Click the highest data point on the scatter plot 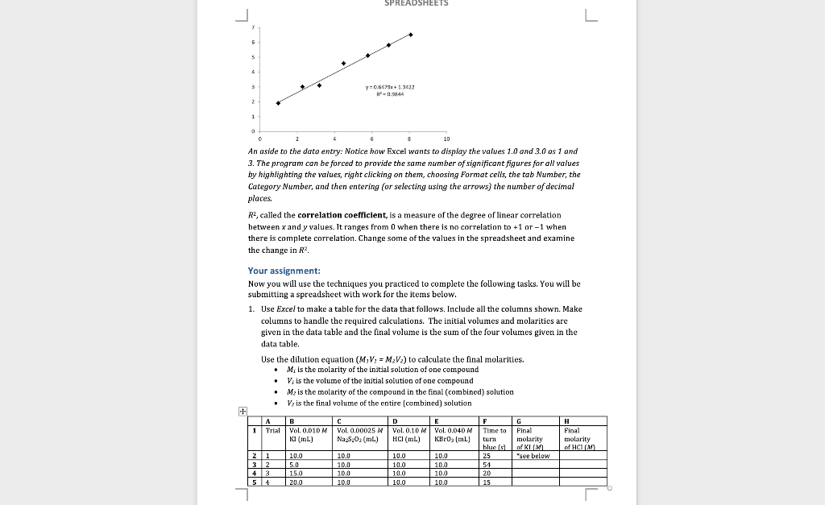tap(410, 35)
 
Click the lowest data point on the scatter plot tap(278, 103)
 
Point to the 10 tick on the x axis tap(448, 139)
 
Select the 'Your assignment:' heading tap(284, 271)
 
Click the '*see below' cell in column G tap(532, 455)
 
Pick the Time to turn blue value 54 tap(486, 465)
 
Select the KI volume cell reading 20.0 tap(296, 482)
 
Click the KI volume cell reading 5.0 tap(294, 465)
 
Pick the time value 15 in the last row tap(486, 482)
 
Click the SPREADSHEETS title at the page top tap(417, 3)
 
